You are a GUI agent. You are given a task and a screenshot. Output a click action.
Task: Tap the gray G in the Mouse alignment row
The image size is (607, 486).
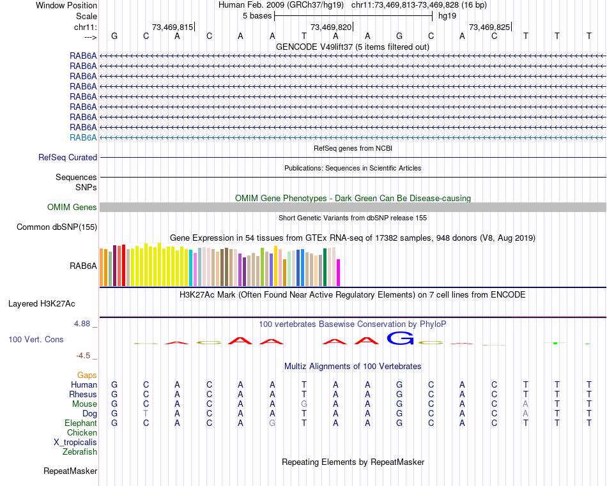click(305, 404)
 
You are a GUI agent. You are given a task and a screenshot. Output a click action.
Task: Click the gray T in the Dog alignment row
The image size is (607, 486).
click(146, 413)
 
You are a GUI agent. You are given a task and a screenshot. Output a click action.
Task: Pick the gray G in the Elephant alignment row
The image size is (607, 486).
click(273, 423)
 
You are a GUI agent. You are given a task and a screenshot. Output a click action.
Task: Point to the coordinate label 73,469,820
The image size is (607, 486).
click(331, 27)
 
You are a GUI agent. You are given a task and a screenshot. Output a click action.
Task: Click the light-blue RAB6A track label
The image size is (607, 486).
click(83, 137)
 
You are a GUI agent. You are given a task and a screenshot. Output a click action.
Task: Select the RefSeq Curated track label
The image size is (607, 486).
click(68, 157)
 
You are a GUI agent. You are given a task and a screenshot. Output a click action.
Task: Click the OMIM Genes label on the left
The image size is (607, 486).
click(72, 207)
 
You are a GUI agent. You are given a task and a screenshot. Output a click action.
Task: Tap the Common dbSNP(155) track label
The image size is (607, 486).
click(57, 227)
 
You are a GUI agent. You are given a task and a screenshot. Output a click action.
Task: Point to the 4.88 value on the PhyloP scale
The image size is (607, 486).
click(82, 324)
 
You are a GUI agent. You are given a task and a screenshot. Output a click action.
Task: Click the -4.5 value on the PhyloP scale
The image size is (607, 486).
click(84, 356)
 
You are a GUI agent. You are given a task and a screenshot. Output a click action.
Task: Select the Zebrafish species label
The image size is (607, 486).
click(80, 452)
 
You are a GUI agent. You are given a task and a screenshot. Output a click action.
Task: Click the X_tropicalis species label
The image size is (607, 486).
click(75, 442)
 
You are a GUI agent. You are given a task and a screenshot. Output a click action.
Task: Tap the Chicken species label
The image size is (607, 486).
click(82, 432)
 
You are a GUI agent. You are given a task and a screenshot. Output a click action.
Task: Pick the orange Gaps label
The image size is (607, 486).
click(87, 375)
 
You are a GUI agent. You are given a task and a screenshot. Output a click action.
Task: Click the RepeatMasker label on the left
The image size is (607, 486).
click(70, 471)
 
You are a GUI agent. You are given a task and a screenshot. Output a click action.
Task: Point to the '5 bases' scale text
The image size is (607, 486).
click(257, 15)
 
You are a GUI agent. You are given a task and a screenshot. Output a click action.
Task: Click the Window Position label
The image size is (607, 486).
click(66, 5)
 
